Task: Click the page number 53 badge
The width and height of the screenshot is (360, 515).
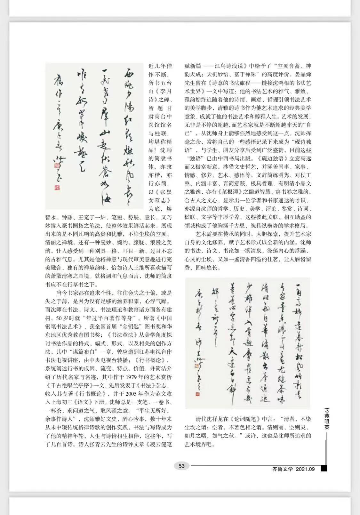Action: (181, 466)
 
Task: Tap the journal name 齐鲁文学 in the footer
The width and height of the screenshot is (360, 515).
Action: (283, 469)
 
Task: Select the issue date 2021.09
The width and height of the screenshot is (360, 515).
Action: (305, 469)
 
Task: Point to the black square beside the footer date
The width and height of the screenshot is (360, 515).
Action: (324, 469)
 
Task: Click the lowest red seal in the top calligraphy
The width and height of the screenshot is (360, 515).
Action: (57, 188)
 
